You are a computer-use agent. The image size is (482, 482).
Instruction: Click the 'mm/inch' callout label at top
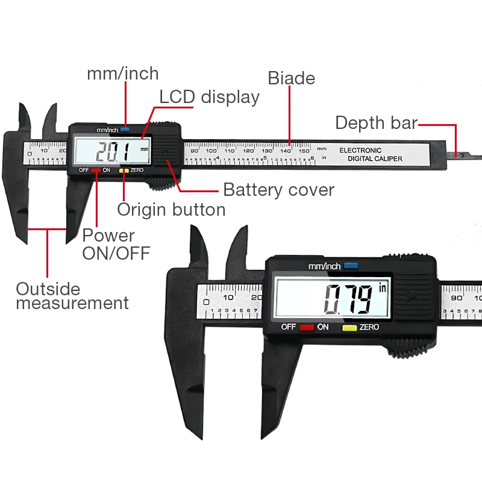[x=123, y=74]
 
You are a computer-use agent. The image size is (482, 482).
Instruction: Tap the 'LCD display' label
[x=209, y=97]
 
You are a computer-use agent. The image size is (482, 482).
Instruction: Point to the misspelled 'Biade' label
[x=292, y=78]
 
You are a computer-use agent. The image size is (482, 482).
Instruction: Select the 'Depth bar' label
[x=376, y=123]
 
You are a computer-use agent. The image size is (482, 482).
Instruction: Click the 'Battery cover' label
[x=278, y=190]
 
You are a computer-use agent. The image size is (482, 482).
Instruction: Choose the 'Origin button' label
[x=171, y=210]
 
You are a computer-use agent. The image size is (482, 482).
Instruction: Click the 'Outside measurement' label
[x=72, y=296]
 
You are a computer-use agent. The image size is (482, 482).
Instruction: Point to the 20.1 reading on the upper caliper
[x=113, y=151]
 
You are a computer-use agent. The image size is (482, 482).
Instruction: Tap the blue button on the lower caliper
[x=351, y=266]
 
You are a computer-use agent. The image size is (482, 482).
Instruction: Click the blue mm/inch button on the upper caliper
[x=125, y=130]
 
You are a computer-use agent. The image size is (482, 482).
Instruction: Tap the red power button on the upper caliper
[x=96, y=171]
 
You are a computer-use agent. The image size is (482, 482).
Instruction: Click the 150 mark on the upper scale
[x=304, y=151]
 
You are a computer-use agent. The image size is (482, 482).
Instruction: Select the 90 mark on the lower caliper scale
[x=455, y=297]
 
